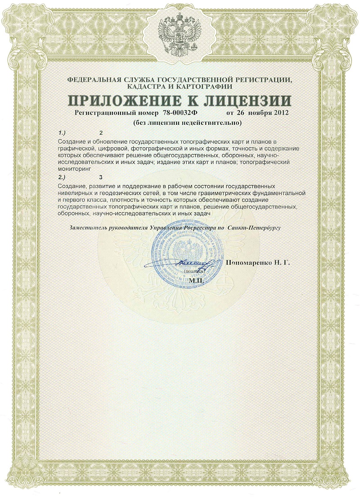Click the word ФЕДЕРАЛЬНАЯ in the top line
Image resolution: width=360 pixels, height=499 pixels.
point(94,80)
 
